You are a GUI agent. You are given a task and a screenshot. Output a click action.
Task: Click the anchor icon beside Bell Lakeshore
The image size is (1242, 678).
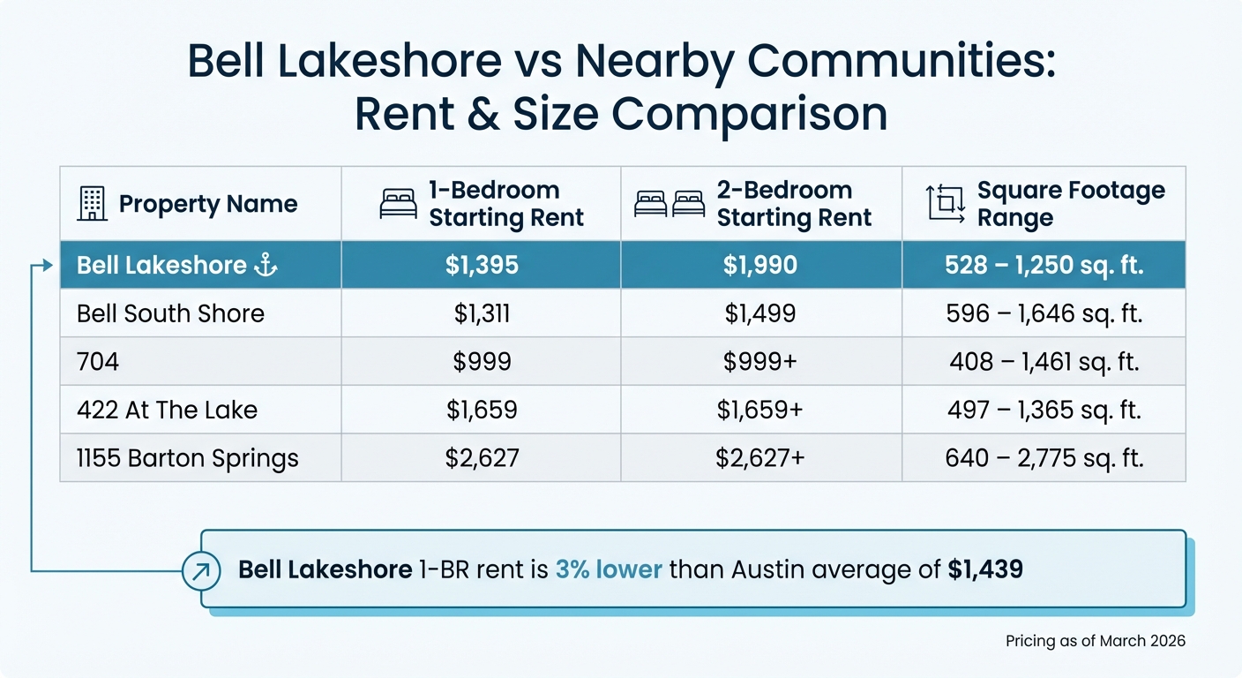[x=266, y=265]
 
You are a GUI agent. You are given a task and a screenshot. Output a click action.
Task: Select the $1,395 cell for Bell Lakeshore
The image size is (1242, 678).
[x=481, y=265]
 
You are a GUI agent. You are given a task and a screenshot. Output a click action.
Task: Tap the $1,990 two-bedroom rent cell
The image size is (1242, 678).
[x=760, y=265]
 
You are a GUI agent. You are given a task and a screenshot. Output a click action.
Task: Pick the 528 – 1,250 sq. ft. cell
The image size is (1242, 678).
[x=1044, y=265]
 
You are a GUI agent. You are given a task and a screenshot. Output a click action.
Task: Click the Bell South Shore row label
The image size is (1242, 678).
[x=170, y=313]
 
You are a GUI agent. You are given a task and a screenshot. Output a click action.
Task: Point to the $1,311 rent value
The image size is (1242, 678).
[x=481, y=313]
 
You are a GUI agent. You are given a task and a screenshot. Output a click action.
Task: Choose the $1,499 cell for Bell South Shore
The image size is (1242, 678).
[x=760, y=313]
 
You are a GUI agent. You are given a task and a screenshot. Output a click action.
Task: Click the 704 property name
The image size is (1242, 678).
[x=98, y=362]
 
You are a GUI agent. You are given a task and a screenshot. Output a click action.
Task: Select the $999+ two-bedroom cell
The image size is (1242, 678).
[x=760, y=362]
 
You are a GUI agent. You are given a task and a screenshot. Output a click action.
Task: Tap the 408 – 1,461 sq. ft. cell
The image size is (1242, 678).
[x=1044, y=362]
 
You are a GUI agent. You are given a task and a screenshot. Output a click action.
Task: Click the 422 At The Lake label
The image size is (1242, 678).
[x=167, y=410]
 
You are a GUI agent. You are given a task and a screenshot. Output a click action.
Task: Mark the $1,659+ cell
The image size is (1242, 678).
[x=760, y=410]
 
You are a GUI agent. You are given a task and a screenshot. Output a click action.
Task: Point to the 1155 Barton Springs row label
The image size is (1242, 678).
[x=188, y=458]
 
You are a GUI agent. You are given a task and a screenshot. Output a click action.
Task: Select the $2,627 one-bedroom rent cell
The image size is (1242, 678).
[x=481, y=458]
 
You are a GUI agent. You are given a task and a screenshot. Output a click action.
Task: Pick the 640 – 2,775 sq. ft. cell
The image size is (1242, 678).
[x=1044, y=458]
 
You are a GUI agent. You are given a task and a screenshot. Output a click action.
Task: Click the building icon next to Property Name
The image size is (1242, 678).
[x=92, y=204]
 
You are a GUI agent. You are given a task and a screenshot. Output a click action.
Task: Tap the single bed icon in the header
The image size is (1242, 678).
[x=397, y=204]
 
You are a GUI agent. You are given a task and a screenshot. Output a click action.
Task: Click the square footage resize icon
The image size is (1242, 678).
[x=945, y=204]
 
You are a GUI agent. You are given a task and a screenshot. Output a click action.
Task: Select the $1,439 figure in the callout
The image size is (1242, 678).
[x=985, y=569]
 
